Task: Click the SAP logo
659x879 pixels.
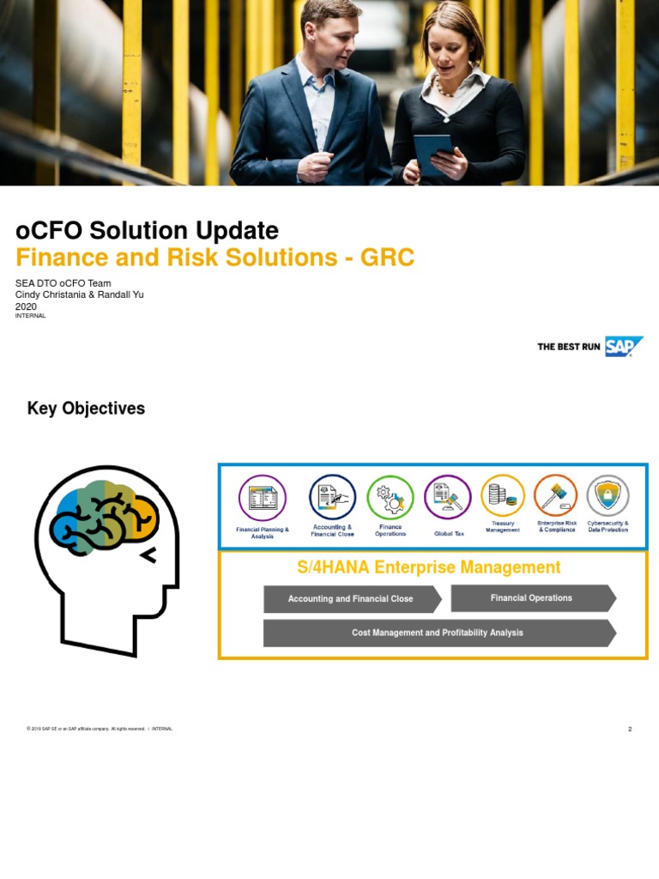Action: [x=623, y=346]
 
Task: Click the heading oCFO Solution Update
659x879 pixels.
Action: [x=147, y=230]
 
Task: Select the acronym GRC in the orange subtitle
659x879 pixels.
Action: [x=387, y=257]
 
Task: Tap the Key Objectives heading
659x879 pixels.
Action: [x=86, y=409]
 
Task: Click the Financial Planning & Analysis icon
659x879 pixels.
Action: [x=262, y=498]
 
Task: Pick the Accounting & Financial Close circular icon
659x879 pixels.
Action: [x=332, y=497]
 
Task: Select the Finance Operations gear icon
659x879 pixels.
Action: [x=390, y=497]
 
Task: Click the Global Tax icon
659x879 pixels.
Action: [x=448, y=497]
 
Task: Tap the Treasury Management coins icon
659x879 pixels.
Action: [x=503, y=495]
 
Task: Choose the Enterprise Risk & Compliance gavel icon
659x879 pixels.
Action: [x=556, y=495]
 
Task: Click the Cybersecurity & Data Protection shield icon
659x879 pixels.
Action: [x=608, y=495]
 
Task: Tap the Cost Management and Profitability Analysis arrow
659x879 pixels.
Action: [x=438, y=633]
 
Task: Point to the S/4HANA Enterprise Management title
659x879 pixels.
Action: [x=428, y=567]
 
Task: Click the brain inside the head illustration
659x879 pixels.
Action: [x=105, y=518]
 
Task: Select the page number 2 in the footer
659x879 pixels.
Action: [x=630, y=729]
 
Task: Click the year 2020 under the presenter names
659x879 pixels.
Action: [x=27, y=306]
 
